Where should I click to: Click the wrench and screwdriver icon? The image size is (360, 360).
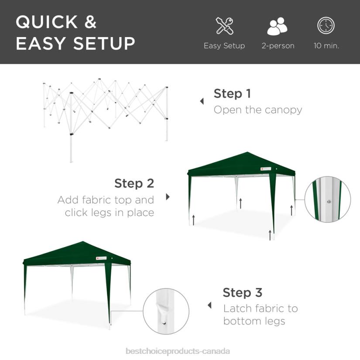point(224,26)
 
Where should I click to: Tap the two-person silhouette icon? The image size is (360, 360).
point(278,26)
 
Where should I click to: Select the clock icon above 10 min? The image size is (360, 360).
point(326,26)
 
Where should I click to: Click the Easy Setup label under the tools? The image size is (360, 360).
point(224,46)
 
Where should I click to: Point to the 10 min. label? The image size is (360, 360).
point(326,46)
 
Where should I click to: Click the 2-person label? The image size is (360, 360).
point(278,46)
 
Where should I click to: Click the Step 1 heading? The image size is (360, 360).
point(232,93)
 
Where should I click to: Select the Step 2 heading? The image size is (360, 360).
point(134,183)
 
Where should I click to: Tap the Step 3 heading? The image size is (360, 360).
point(243,292)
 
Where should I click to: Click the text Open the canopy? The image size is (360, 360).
point(257,110)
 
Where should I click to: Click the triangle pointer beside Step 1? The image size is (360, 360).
point(202,101)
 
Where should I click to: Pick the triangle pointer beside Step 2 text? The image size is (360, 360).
point(168,197)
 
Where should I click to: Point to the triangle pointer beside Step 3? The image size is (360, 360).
point(209,305)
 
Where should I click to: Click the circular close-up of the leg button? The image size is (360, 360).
point(327,199)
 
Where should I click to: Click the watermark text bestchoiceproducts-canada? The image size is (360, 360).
point(178,351)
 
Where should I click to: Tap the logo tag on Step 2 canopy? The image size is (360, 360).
point(266,168)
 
